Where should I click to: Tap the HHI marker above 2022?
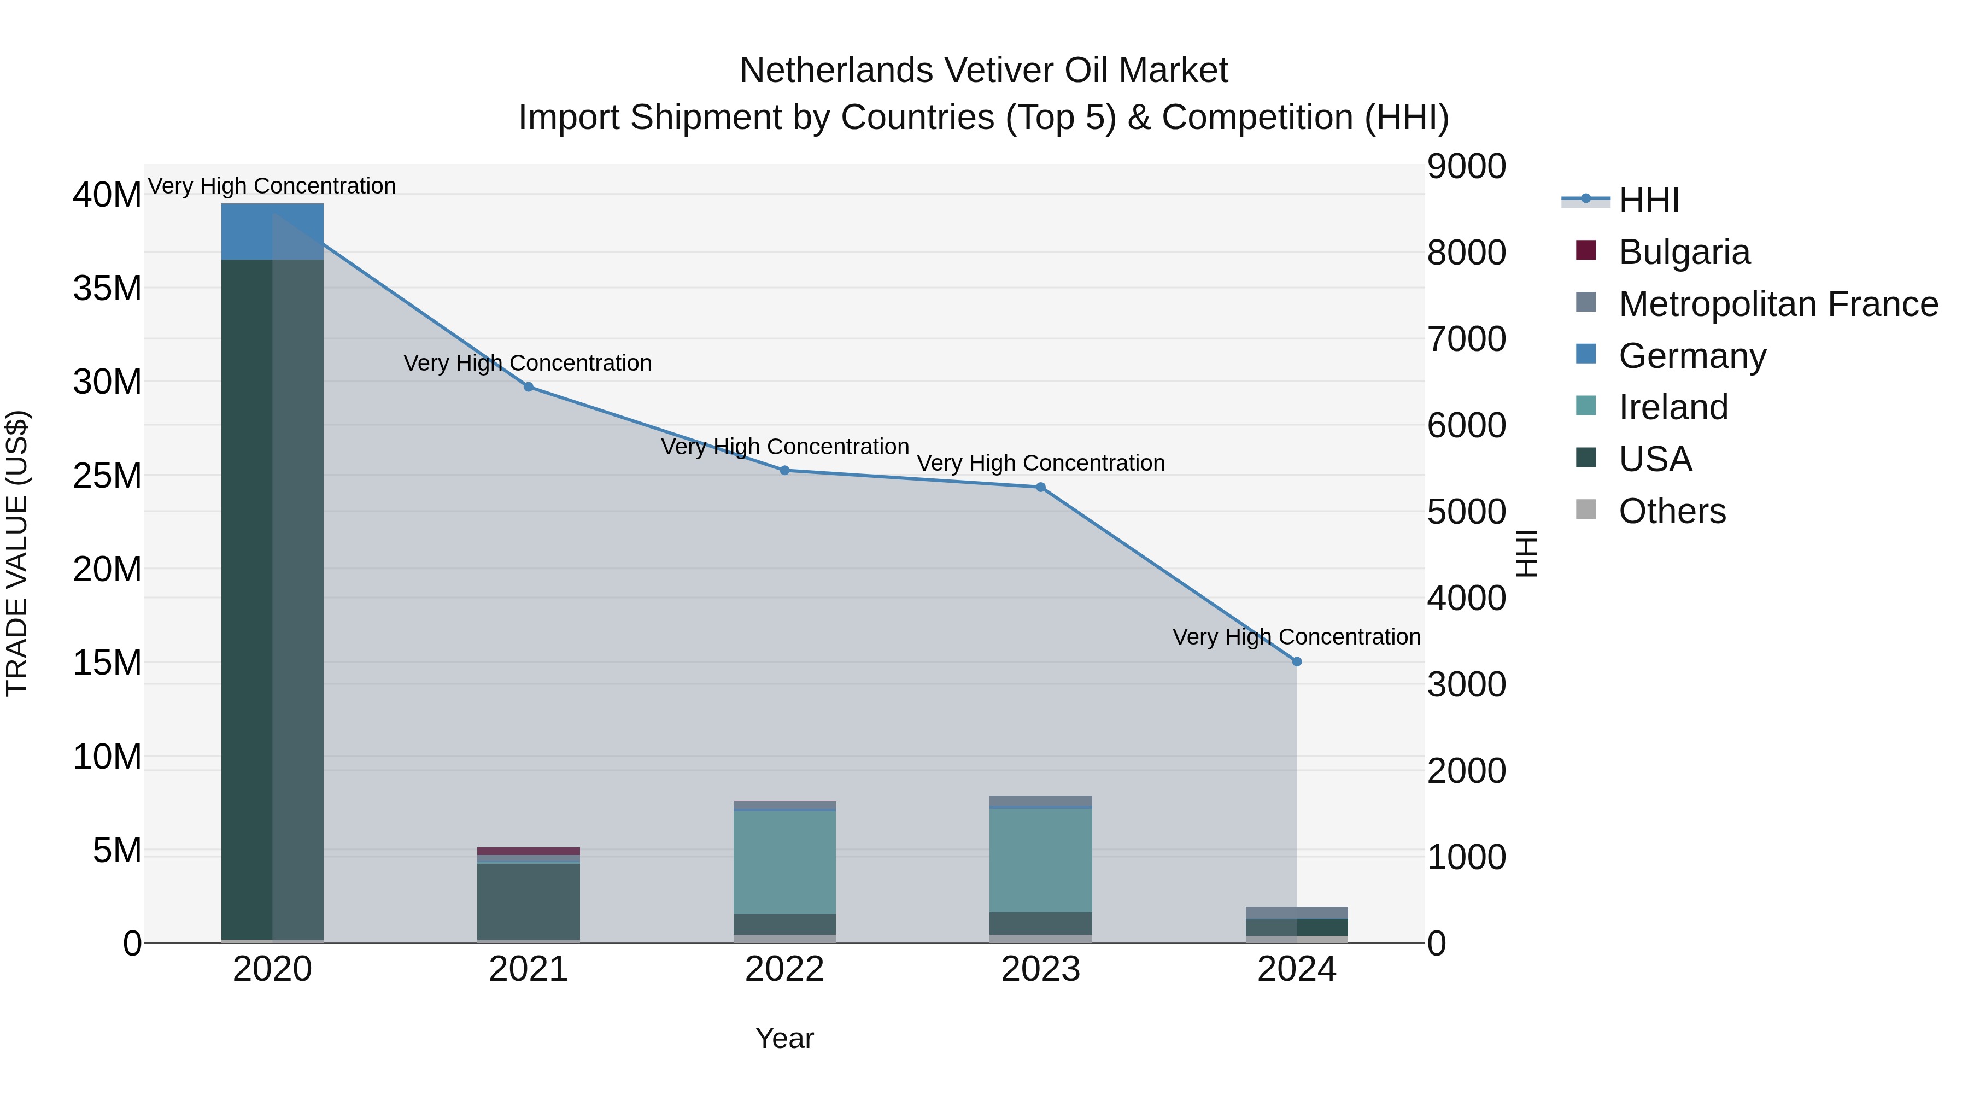pos(784,471)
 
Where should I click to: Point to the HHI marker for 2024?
pos(1297,661)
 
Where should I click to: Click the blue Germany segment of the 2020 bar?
pos(272,231)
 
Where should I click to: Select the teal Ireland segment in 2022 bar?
pos(784,862)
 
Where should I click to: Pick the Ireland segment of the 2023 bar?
pos(1040,859)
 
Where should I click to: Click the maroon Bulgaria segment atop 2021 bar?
pos(528,851)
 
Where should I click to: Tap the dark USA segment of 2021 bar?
pos(528,901)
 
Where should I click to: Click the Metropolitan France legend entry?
pos(1777,303)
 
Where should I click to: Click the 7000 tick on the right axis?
pos(1466,338)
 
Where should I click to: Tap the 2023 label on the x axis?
pos(1040,969)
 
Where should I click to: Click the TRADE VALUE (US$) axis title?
pos(17,553)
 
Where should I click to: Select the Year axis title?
pos(784,1038)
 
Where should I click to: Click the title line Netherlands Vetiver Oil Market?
pos(983,71)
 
